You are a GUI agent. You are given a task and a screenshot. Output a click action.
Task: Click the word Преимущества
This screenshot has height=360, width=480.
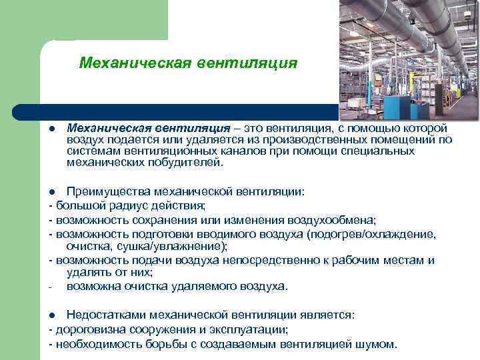(x=108, y=191)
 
